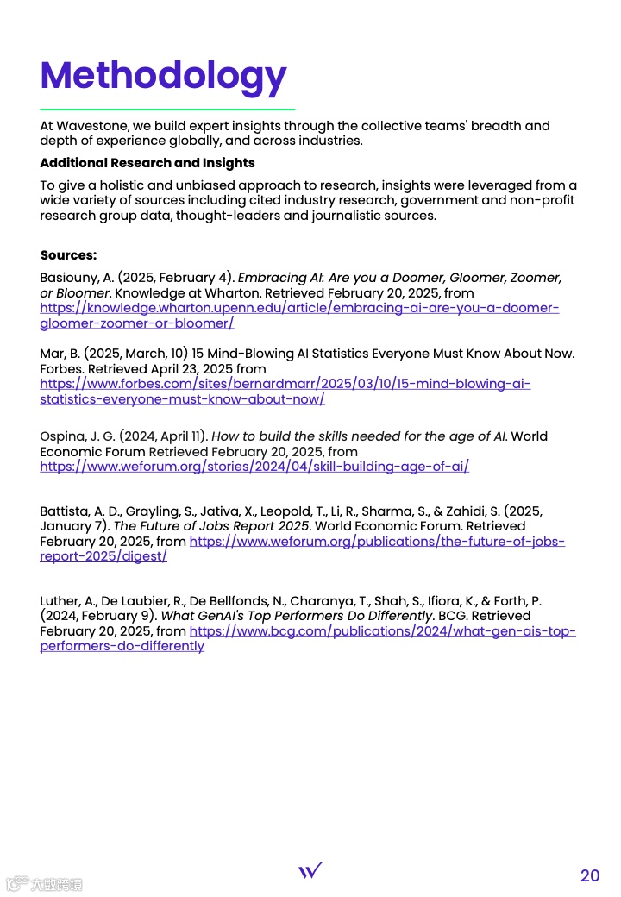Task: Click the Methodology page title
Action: tap(163, 76)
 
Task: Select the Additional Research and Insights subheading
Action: tap(147, 163)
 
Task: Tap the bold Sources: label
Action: tap(68, 255)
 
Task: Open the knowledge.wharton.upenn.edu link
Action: tap(299, 309)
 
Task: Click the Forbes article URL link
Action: tap(285, 385)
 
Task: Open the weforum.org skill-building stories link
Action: tap(254, 467)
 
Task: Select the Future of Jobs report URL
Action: tap(377, 542)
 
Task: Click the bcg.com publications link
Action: tap(382, 631)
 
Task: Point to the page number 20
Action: tap(589, 875)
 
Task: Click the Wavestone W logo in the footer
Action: tap(310, 870)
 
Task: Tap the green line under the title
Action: tap(167, 110)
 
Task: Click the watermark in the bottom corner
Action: tap(45, 883)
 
